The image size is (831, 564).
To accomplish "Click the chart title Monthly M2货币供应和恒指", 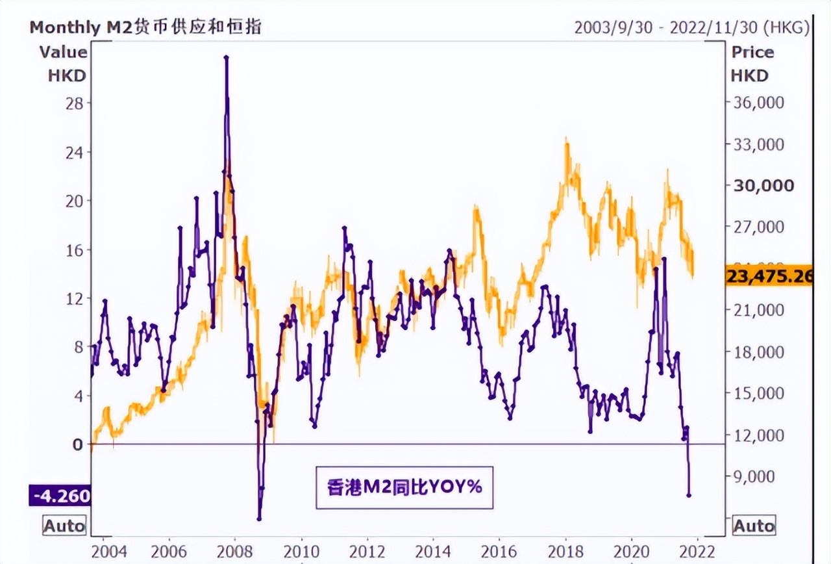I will [x=146, y=27].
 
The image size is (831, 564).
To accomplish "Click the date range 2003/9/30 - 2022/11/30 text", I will [x=692, y=27].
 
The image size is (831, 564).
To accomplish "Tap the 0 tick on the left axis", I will [x=79, y=444].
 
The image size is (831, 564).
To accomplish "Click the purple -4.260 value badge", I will [x=59, y=496].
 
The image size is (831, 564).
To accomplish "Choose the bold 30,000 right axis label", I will [x=763, y=186].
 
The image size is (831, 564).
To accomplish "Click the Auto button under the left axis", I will [x=64, y=525].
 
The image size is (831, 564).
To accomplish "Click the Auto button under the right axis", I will [x=754, y=525].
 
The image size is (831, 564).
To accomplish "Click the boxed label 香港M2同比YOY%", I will [x=404, y=487].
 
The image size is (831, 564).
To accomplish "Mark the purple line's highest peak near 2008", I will [x=227, y=58].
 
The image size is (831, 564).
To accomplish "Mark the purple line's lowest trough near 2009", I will [x=259, y=519].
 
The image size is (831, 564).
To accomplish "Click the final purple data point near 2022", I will [x=688, y=496].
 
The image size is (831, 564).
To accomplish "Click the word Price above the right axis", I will [x=752, y=52].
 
